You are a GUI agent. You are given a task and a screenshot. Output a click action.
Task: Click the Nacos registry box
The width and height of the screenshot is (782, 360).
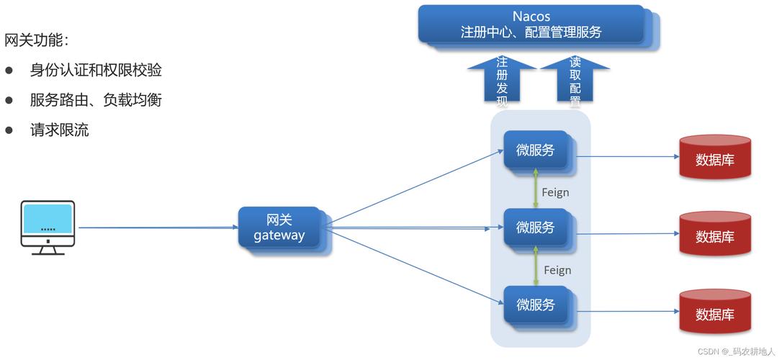click(531, 24)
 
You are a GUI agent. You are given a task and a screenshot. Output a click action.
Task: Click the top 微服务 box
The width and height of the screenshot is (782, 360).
click(536, 150)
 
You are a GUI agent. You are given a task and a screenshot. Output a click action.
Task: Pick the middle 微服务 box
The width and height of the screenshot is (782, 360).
click(536, 228)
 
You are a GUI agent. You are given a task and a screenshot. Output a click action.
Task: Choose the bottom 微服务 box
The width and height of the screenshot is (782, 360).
click(536, 305)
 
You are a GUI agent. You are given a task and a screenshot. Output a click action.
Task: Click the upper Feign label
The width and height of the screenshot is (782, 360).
click(555, 192)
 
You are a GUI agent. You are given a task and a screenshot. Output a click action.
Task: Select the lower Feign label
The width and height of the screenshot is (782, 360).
click(557, 270)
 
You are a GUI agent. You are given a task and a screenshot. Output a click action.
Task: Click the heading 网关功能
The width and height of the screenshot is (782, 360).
click(37, 40)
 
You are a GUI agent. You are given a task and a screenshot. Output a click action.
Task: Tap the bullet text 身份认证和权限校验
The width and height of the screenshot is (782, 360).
click(96, 70)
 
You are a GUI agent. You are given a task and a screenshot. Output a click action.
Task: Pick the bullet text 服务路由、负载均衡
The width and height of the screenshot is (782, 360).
click(96, 100)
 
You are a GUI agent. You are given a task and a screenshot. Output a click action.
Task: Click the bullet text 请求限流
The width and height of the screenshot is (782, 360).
click(59, 130)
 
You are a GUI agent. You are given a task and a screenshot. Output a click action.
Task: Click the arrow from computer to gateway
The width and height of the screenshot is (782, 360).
click(158, 228)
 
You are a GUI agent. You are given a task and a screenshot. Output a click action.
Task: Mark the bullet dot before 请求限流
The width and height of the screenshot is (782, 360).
click(9, 130)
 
